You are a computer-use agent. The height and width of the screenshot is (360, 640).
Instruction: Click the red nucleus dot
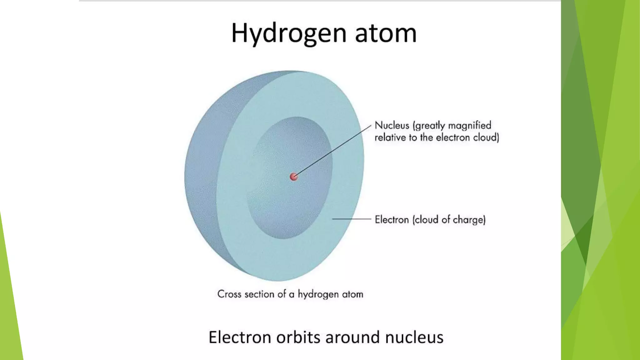[293, 177]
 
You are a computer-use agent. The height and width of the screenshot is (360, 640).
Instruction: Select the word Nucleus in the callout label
[392, 125]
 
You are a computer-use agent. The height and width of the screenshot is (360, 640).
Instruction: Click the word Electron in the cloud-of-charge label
[392, 220]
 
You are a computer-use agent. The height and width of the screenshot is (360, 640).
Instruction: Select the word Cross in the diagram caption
[229, 294]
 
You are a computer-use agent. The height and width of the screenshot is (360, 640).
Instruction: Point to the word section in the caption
[259, 294]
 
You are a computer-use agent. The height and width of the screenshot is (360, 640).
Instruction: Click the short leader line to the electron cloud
[351, 219]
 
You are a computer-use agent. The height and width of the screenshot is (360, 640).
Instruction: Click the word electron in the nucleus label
[453, 137]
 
